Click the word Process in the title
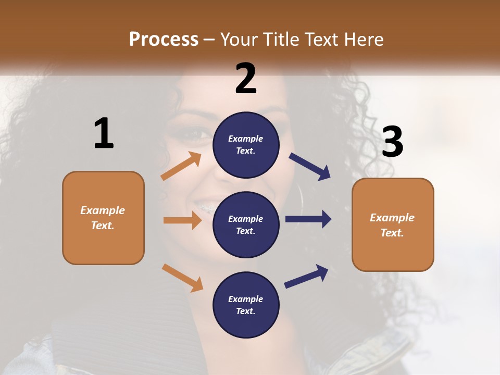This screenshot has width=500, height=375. (x=164, y=39)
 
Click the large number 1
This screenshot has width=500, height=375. (x=104, y=133)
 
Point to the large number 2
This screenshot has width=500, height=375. (x=246, y=79)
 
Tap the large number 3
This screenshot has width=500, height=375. (x=392, y=142)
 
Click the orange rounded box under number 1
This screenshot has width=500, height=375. (x=103, y=218)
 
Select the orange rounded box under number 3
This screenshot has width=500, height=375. (x=393, y=225)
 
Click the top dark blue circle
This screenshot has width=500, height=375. (x=246, y=145)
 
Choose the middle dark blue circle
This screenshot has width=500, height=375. (x=246, y=224)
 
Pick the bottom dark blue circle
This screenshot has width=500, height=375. (x=246, y=305)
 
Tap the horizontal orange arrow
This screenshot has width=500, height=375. (x=182, y=220)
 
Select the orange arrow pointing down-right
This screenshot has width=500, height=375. (x=182, y=278)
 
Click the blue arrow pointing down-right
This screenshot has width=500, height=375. (x=310, y=166)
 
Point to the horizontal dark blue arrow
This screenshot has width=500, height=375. (x=308, y=219)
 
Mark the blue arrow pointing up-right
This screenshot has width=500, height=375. (x=307, y=276)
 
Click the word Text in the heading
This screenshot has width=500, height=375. (x=320, y=39)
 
